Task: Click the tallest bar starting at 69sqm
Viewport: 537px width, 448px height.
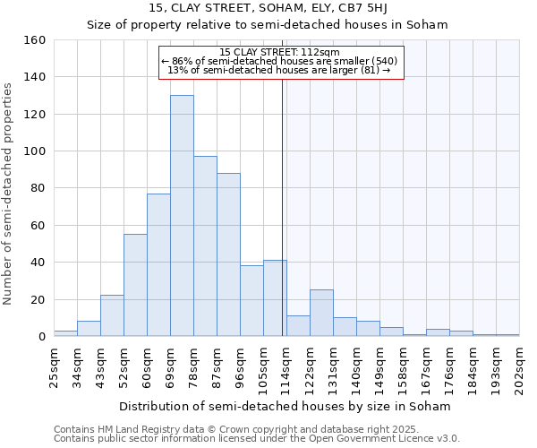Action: pos(182,216)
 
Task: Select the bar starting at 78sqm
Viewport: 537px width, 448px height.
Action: pos(205,246)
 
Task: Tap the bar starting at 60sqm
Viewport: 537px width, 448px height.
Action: pos(158,264)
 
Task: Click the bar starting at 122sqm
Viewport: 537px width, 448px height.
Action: pos(321,313)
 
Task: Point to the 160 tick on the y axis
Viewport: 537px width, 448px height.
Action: pos(35,40)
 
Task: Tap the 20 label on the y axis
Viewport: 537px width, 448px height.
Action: pos(38,299)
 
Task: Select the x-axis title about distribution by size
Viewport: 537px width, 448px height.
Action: pos(285,406)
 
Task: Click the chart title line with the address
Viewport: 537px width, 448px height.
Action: pos(267,8)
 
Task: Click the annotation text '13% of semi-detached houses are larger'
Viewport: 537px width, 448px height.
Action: pos(279,70)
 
